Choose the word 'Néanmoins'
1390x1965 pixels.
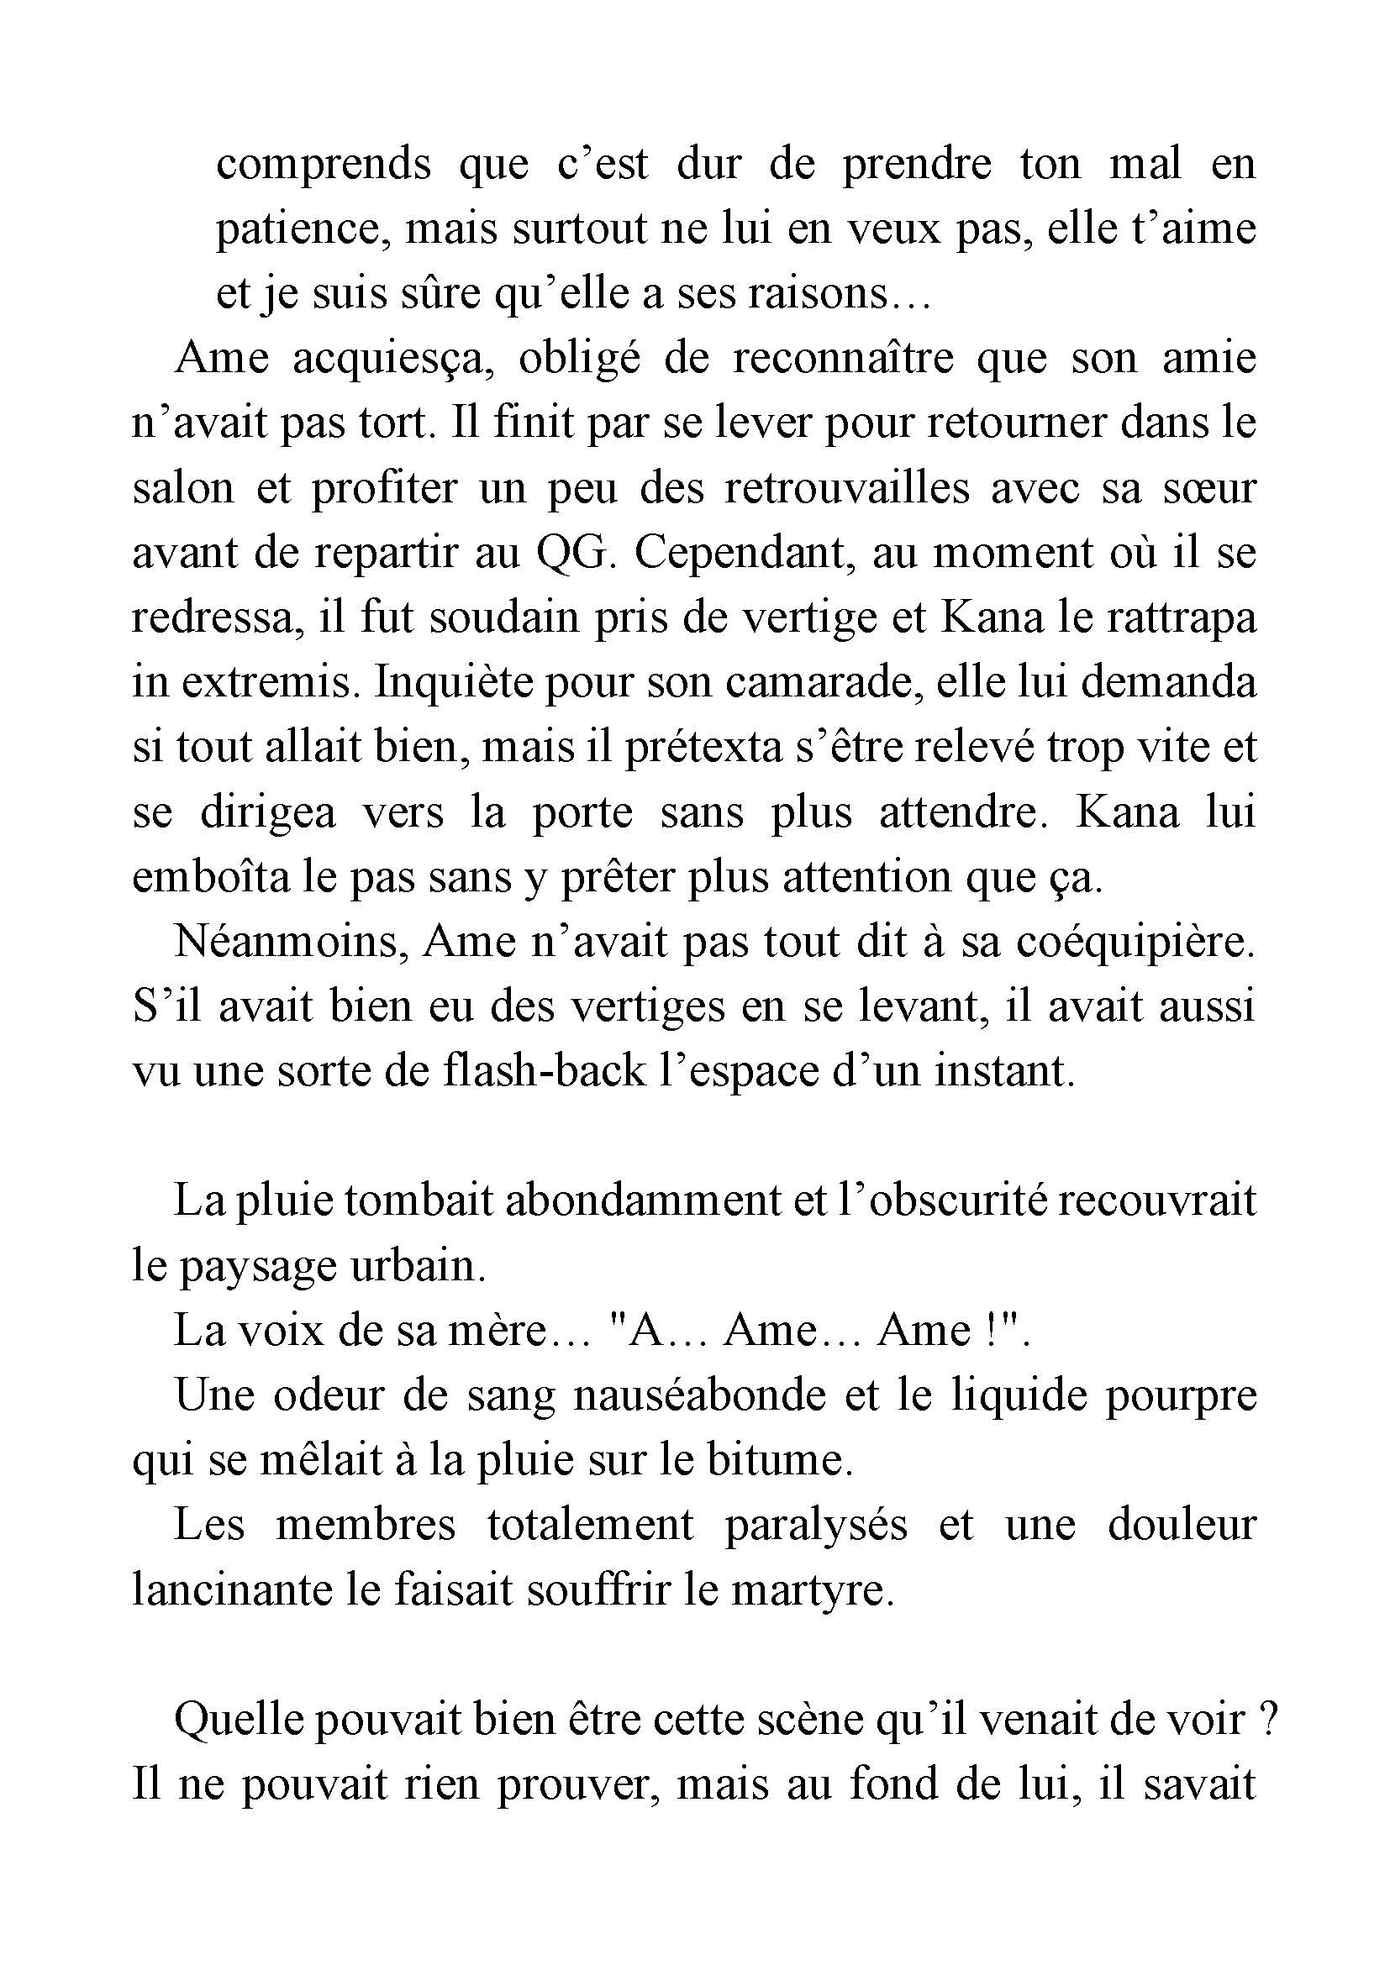(x=292, y=943)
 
